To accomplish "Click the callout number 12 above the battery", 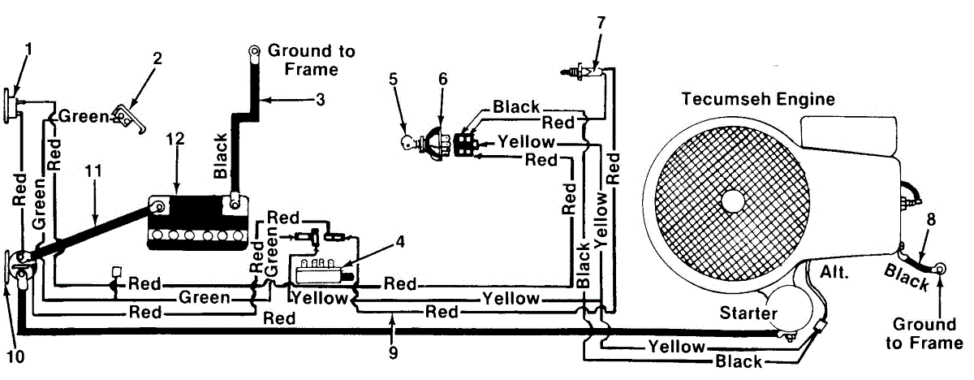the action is pyautogui.click(x=175, y=139).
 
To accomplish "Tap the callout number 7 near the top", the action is pyautogui.click(x=601, y=23).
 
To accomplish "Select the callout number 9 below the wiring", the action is pyautogui.click(x=393, y=352).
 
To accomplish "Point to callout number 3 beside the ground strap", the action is pyautogui.click(x=321, y=100).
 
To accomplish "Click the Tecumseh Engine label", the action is pyautogui.click(x=758, y=99).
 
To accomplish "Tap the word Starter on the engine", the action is pyautogui.click(x=748, y=313).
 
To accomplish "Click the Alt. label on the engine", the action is pyautogui.click(x=834, y=273).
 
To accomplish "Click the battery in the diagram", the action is pyautogui.click(x=198, y=222).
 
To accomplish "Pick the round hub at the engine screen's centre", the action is pyautogui.click(x=733, y=201).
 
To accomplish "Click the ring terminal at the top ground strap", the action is pyautogui.click(x=253, y=52).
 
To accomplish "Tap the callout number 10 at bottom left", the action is pyautogui.click(x=15, y=357).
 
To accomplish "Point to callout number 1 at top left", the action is pyautogui.click(x=28, y=50).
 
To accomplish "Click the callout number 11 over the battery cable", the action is pyautogui.click(x=93, y=171).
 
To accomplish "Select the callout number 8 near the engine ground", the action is pyautogui.click(x=931, y=219).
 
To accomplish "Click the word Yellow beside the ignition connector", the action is pyautogui.click(x=526, y=142).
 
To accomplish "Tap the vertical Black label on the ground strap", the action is pyautogui.click(x=221, y=156).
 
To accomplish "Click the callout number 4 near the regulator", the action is pyautogui.click(x=400, y=242).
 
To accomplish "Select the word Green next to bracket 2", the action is pyautogui.click(x=84, y=117).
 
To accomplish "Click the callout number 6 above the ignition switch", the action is pyautogui.click(x=442, y=79).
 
